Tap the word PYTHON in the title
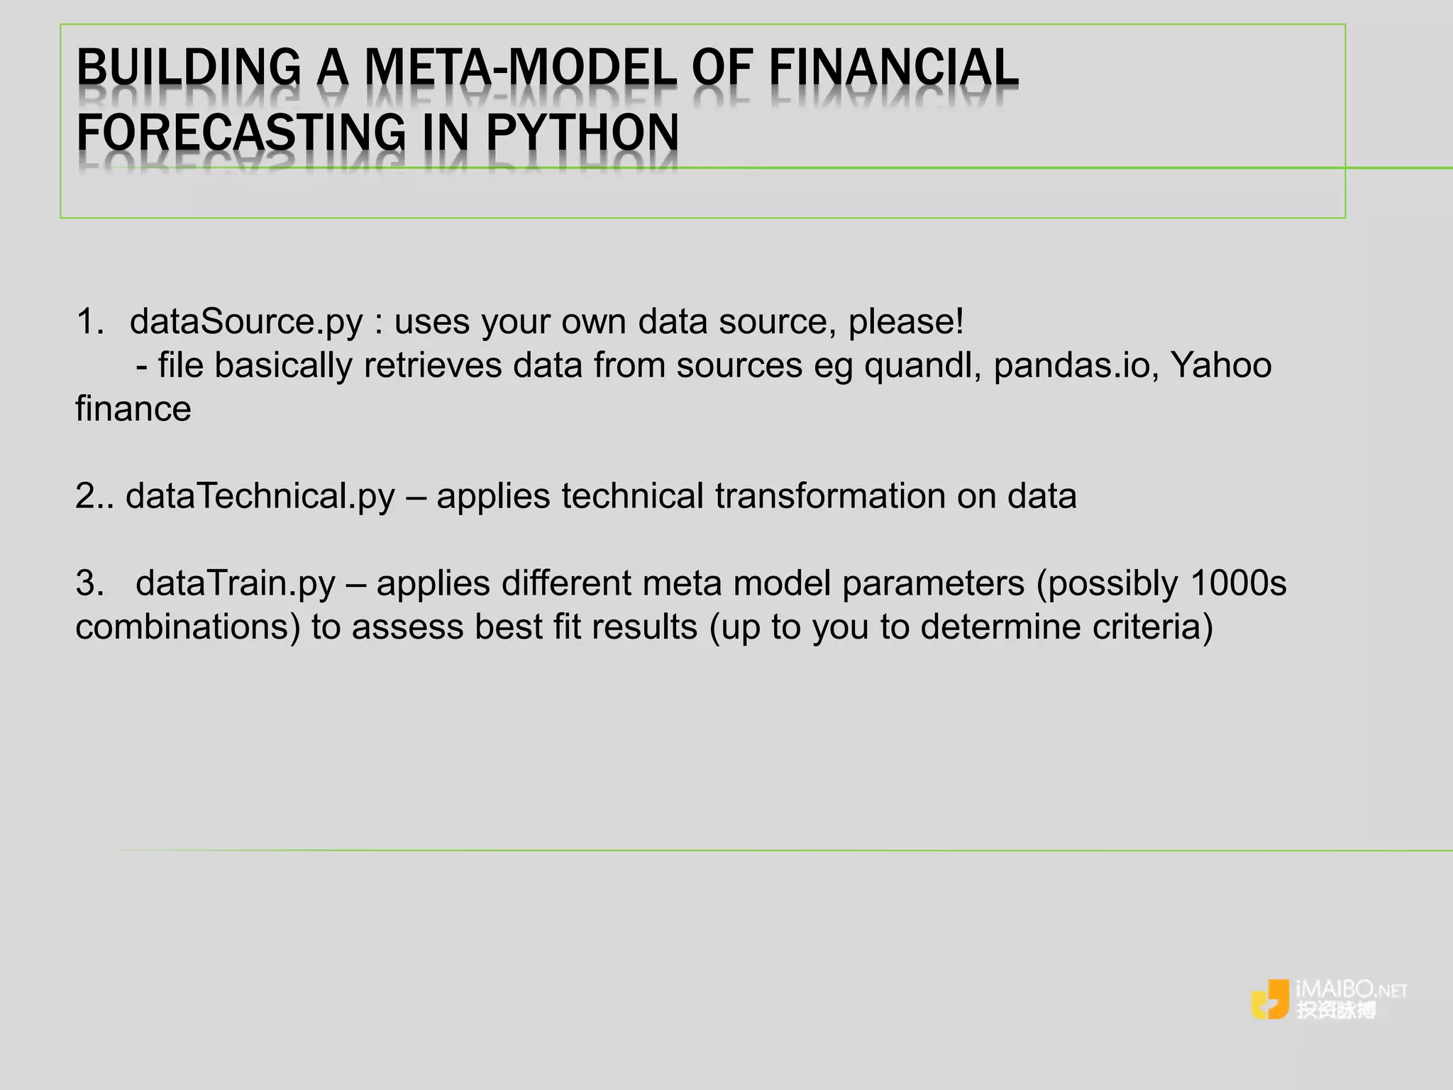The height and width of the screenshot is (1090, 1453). coord(582,133)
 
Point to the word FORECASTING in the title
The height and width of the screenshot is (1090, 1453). coord(241,133)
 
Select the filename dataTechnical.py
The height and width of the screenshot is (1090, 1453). coord(260,496)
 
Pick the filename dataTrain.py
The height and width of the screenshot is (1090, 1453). coord(235,583)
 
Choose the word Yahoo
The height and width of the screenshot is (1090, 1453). coord(1220,365)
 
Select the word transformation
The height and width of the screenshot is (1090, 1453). coord(830,496)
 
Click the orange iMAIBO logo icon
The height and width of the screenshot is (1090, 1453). coord(1270,999)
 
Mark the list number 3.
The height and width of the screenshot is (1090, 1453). coord(89,583)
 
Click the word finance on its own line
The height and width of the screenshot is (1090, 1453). coord(133,409)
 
